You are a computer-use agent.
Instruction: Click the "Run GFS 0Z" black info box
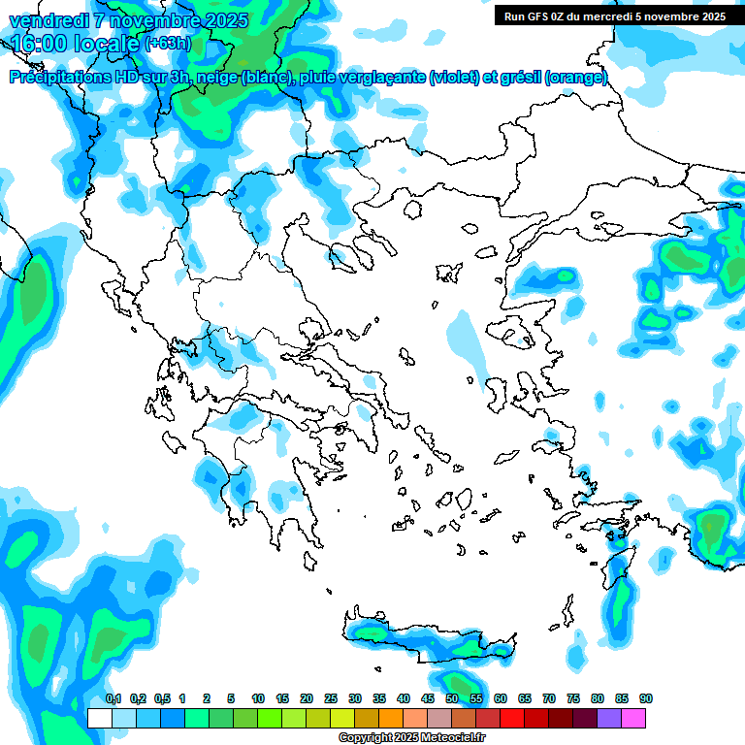613,16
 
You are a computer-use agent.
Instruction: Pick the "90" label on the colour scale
646,698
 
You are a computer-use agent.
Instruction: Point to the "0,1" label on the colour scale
113,698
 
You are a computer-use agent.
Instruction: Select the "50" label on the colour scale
452,698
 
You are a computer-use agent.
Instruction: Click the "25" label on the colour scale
331,698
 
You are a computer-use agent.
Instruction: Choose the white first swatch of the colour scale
99,718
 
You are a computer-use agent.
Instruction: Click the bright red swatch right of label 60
512,718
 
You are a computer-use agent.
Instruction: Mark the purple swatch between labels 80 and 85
609,718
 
